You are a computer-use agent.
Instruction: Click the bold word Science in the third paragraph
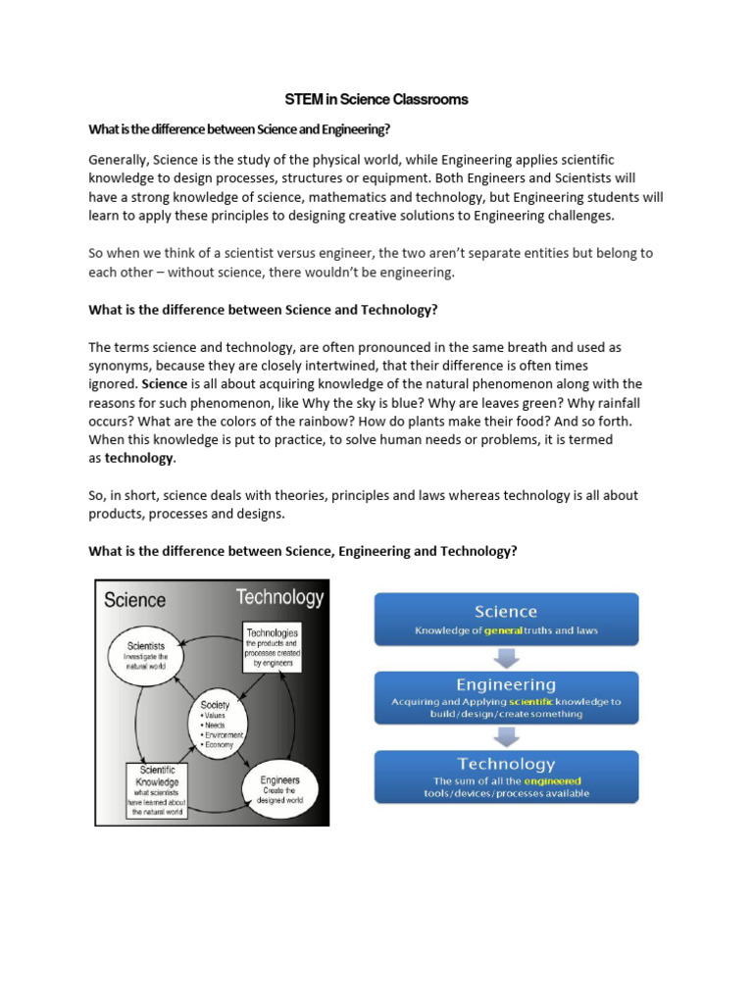(x=164, y=384)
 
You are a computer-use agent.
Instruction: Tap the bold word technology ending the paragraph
(x=139, y=458)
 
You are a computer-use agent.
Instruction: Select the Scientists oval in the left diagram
(x=151, y=655)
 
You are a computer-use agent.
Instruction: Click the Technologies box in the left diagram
(x=272, y=648)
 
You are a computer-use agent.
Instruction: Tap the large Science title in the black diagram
(x=135, y=600)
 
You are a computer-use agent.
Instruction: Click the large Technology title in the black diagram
(x=278, y=597)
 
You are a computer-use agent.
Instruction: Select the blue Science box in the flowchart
(x=505, y=619)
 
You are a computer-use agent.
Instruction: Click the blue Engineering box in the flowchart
(x=505, y=697)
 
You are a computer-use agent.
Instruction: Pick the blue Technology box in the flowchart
(x=505, y=776)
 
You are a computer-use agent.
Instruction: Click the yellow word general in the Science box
(x=504, y=630)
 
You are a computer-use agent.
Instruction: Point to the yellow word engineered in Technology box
(x=552, y=780)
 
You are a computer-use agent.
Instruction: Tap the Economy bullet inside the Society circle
(x=219, y=745)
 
